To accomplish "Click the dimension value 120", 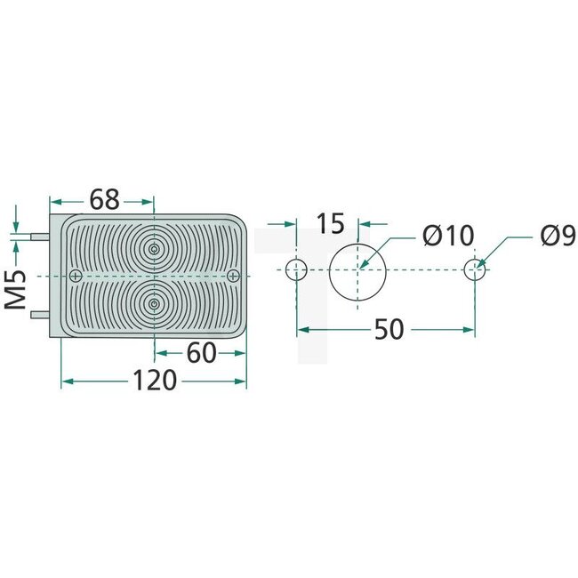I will click(155, 381).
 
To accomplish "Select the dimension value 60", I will click(202, 353).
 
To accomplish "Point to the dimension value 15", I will click(329, 223).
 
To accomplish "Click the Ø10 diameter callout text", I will click(448, 237).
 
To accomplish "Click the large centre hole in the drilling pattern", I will click(358, 268).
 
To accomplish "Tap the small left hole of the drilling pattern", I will click(295, 268).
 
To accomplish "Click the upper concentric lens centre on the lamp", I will click(155, 249).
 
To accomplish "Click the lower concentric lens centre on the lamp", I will click(155, 304).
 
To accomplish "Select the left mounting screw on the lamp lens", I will click(76, 273).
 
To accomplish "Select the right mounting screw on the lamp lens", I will click(233, 273).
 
